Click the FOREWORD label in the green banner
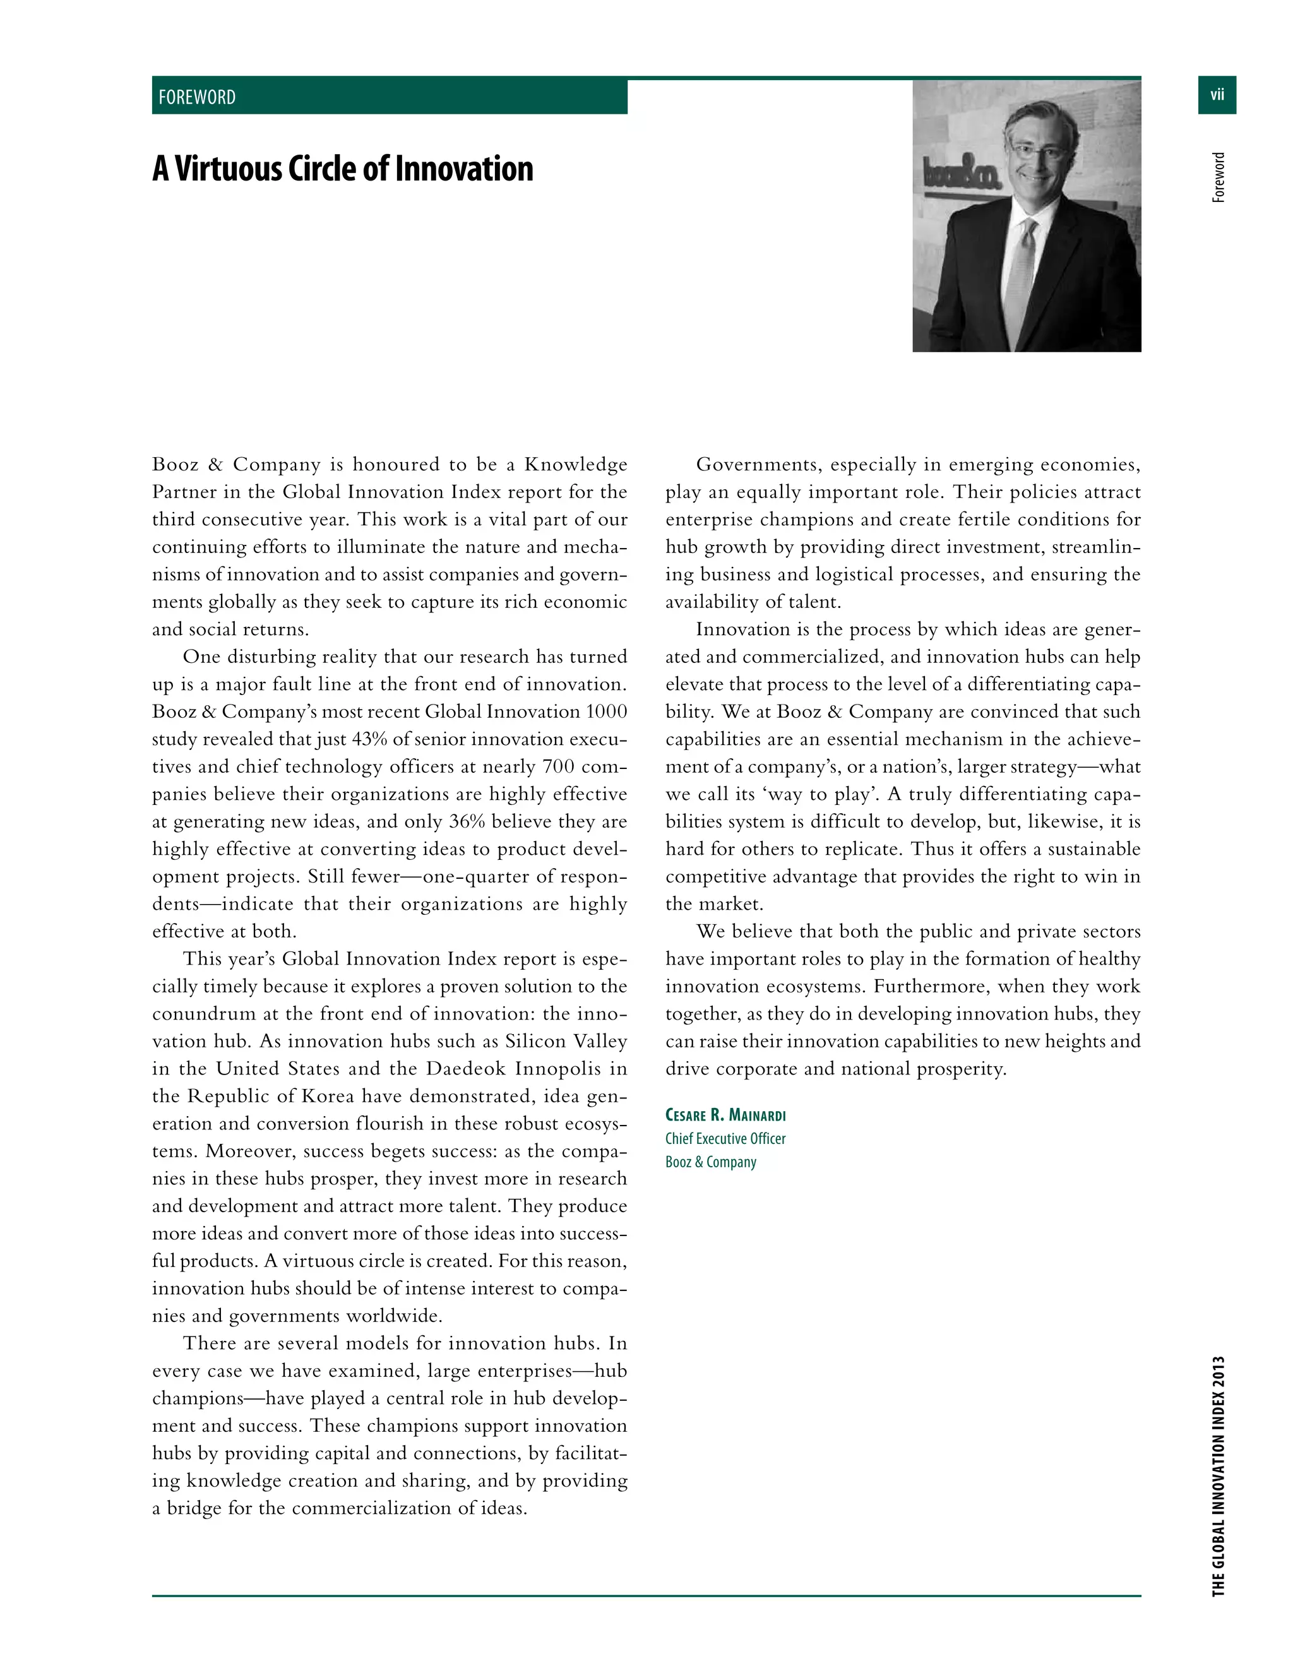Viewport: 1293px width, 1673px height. point(197,97)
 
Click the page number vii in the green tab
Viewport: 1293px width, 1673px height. point(1217,95)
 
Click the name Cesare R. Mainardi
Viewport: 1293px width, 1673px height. point(725,1116)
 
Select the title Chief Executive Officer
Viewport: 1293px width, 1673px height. point(725,1139)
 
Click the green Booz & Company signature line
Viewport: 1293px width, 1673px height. point(710,1162)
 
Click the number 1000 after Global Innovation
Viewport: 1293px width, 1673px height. point(606,711)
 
